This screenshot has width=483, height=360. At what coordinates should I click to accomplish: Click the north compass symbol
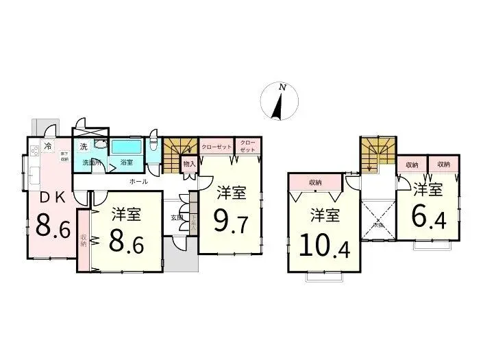[x=280, y=101]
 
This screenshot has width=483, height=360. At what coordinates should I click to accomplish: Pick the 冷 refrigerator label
[x=47, y=146]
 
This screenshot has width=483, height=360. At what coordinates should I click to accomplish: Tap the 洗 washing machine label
[x=83, y=146]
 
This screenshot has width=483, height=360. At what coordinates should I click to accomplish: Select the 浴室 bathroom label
[x=127, y=163]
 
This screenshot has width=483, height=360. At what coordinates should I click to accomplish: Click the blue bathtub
[x=127, y=147]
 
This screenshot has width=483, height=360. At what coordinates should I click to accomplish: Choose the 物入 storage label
[x=190, y=164]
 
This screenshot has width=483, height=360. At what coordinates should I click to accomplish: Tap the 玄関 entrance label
[x=176, y=217]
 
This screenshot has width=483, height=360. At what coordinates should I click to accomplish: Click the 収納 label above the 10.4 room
[x=315, y=182]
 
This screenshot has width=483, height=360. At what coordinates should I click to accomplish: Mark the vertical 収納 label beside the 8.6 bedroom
[x=84, y=240]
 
